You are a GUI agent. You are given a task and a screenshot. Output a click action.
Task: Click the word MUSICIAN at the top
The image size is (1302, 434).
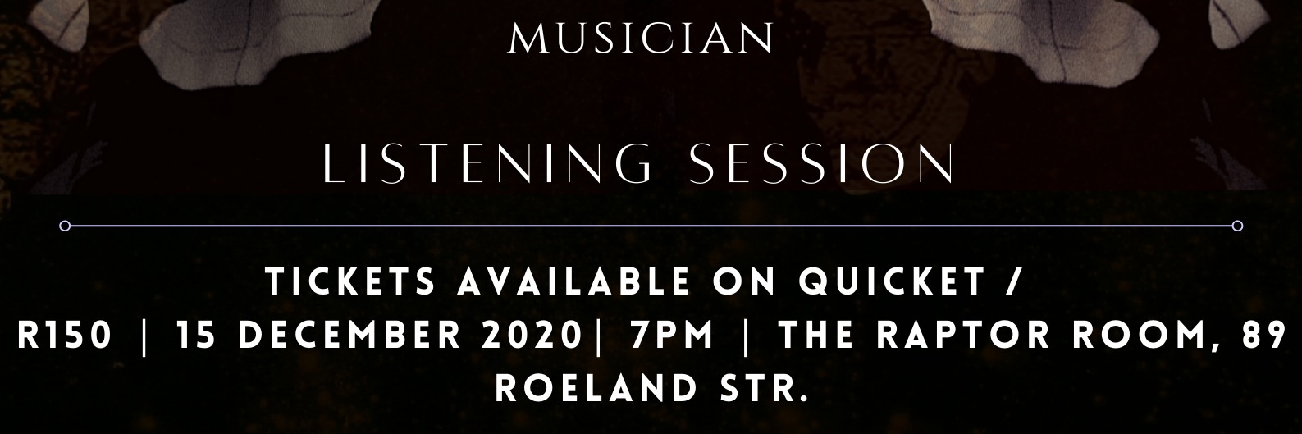(641, 39)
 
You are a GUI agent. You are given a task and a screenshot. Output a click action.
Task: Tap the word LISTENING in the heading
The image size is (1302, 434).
(487, 164)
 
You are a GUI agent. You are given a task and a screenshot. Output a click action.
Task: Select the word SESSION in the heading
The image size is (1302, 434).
(822, 164)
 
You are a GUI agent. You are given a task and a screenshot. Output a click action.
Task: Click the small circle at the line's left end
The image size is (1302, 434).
(65, 226)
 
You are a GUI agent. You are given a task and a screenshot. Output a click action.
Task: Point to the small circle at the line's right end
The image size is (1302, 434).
(1238, 226)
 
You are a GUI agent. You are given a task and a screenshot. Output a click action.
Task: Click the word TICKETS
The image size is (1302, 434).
(352, 283)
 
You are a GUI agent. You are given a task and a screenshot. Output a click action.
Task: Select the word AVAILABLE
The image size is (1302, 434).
(573, 283)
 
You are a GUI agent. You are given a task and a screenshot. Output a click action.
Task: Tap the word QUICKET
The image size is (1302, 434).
(891, 283)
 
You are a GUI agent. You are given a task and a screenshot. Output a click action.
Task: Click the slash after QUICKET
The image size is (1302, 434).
(1017, 283)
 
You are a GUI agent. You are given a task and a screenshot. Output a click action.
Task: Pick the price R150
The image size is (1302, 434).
(64, 336)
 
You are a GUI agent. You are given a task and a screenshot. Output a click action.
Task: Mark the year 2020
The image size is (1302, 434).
(535, 336)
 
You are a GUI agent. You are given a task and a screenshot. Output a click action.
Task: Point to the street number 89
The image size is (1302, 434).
(1263, 336)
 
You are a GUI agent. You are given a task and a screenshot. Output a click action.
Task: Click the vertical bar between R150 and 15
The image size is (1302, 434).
(145, 336)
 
